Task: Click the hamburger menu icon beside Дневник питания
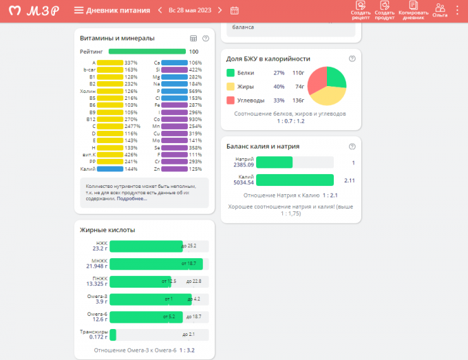[78, 10]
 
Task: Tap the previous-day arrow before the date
[160, 10]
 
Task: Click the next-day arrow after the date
[220, 10]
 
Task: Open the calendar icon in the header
[235, 10]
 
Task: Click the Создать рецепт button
[361, 10]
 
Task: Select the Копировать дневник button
[413, 10]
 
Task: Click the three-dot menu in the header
[458, 10]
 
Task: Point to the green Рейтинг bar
[147, 52]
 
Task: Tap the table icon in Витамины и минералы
[193, 39]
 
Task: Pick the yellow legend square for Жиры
[231, 87]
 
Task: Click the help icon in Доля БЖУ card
[352, 59]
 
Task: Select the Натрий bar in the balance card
[275, 162]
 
